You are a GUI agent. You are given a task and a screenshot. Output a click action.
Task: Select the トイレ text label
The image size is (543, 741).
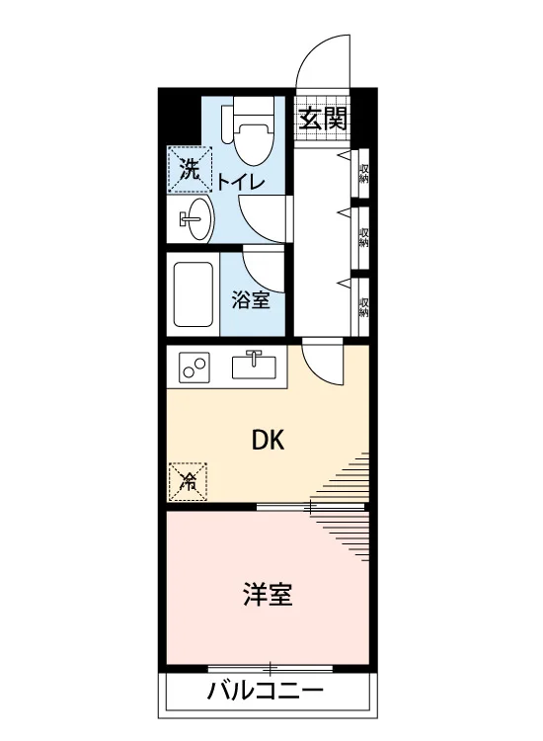pos(241,182)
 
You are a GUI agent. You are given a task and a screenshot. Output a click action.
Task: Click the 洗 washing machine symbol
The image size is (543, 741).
pos(191,170)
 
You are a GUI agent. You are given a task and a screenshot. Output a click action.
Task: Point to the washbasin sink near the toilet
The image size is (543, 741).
pos(197,218)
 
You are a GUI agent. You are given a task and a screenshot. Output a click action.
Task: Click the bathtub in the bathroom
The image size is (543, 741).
pos(194,294)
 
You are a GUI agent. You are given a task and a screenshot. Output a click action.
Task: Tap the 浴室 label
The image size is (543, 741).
pos(251,300)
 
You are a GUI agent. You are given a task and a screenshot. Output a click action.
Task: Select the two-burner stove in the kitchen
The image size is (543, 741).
pos(193,368)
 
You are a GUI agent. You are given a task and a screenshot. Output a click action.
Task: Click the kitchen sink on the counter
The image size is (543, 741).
pos(254,365)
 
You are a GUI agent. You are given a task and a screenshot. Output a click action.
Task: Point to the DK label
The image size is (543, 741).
pos(269,441)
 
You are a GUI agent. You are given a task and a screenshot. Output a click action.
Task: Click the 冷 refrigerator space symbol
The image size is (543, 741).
pos(188,481)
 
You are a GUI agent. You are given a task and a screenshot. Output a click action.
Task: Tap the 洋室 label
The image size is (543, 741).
pos(268,595)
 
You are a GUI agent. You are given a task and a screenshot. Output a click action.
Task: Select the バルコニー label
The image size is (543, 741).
pos(266,692)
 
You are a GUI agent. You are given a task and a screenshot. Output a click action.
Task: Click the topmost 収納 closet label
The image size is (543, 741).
pos(363,174)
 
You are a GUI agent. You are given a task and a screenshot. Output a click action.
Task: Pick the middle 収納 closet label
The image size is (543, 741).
pos(363,238)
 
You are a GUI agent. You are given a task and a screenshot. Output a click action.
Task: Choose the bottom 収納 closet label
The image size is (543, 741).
pos(363,307)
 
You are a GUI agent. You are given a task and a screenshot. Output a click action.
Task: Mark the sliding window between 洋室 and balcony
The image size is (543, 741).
pos(271,669)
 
